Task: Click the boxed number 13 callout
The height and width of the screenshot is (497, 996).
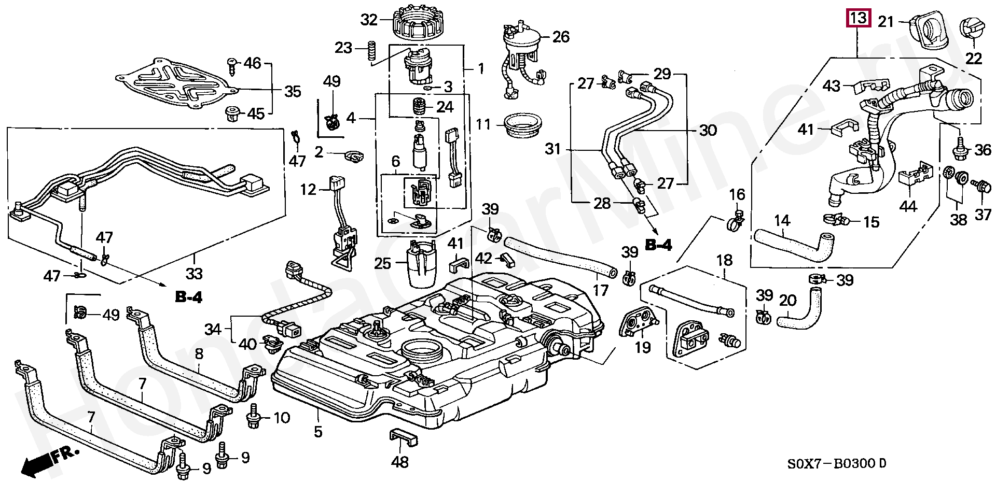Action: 859,19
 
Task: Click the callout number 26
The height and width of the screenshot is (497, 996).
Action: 561,37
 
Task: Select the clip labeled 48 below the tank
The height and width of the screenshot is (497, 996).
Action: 403,436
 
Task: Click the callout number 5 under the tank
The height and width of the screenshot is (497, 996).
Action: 318,431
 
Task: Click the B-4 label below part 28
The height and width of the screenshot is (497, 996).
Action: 658,245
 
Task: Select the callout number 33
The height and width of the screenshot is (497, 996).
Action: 195,273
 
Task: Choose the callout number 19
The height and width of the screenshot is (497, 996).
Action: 642,347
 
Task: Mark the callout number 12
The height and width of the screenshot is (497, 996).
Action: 308,190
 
